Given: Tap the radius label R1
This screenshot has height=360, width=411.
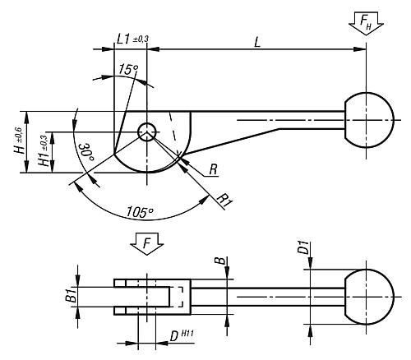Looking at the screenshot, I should pyautogui.click(x=224, y=199).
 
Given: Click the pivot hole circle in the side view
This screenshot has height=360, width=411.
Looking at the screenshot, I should pyautogui.click(x=148, y=132).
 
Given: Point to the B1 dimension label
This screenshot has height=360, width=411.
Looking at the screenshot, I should pyautogui.click(x=71, y=297).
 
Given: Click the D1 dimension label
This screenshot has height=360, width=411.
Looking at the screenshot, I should pyautogui.click(x=302, y=247).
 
